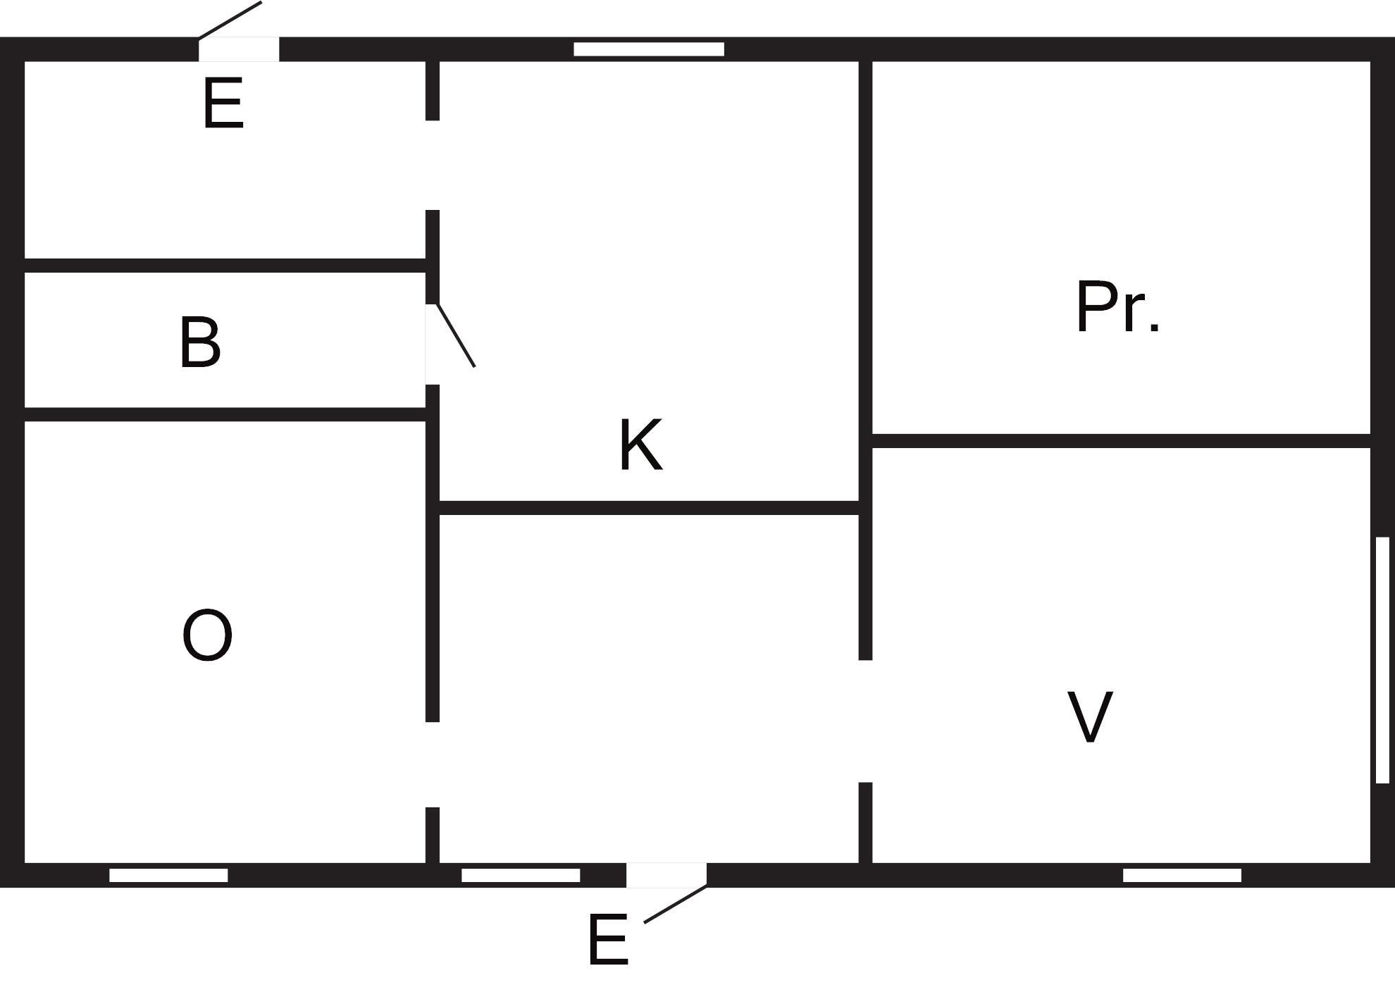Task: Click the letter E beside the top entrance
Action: tap(223, 104)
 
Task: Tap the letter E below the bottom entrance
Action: tap(607, 940)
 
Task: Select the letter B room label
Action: tap(200, 342)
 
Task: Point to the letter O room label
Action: tap(207, 635)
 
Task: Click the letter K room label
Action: tap(641, 445)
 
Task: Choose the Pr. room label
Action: tap(1118, 306)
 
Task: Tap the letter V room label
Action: tap(1090, 716)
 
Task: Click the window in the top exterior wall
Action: tap(649, 49)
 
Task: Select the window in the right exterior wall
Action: tap(1382, 659)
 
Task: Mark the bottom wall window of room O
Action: tap(168, 875)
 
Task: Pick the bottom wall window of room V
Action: tap(1182, 875)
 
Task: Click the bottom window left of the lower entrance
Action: tap(521, 875)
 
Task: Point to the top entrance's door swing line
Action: tap(230, 20)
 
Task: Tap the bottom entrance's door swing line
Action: tap(676, 903)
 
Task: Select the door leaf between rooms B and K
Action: tap(456, 335)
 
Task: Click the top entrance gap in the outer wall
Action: tap(239, 49)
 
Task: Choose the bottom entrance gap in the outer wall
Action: tap(666, 875)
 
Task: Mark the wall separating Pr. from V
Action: tap(1121, 441)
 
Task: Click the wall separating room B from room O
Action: tap(225, 414)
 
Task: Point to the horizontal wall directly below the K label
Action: tap(649, 508)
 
